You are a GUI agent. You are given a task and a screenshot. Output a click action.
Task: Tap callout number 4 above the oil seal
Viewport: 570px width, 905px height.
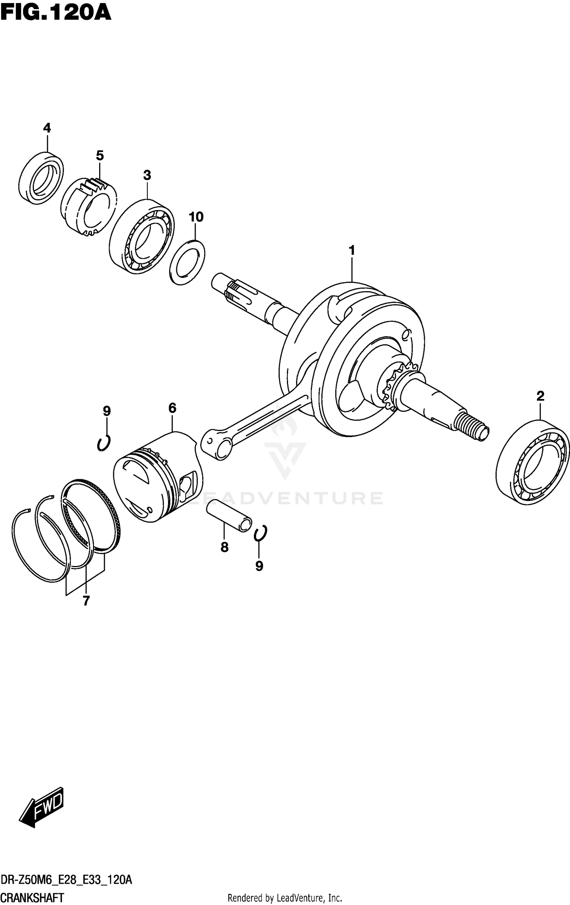click(47, 128)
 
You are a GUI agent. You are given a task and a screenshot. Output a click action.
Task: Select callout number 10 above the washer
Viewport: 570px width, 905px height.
click(196, 217)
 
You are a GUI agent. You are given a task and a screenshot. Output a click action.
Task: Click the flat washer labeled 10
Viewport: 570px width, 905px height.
click(187, 262)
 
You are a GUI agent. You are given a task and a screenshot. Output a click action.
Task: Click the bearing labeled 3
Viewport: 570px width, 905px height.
click(141, 236)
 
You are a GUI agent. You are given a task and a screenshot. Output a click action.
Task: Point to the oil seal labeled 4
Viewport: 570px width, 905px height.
click(41, 178)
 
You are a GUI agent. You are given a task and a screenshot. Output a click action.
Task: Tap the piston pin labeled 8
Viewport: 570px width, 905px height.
click(229, 515)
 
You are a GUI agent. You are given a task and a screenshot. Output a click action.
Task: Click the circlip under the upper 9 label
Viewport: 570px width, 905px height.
click(103, 443)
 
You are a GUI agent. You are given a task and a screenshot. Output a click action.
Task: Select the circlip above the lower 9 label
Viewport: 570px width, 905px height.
click(261, 533)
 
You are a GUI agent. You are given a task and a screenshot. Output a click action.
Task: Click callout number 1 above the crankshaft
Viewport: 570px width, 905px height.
click(352, 250)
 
